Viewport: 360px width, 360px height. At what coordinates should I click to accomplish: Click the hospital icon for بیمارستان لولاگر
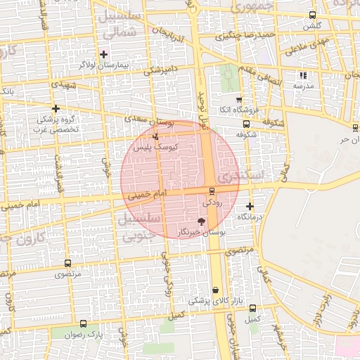(103, 54)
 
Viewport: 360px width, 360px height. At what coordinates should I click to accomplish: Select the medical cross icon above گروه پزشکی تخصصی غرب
(56, 108)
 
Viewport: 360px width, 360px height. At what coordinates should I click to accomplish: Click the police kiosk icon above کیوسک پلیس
(155, 136)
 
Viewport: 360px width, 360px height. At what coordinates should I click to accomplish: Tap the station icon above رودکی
(212, 191)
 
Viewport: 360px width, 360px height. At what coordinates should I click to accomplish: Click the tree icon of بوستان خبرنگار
(202, 221)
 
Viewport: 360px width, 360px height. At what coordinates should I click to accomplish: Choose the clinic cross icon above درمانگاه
(250, 206)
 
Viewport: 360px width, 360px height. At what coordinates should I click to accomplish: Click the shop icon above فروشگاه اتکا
(239, 100)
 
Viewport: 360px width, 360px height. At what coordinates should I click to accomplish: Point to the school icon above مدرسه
(304, 75)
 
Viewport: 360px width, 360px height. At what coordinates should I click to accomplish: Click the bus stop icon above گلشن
(313, 15)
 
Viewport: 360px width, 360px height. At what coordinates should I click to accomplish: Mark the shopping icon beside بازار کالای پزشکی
(215, 290)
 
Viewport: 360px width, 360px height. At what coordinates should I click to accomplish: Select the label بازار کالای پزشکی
(216, 301)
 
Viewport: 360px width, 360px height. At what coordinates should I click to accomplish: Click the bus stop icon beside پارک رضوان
(84, 324)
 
